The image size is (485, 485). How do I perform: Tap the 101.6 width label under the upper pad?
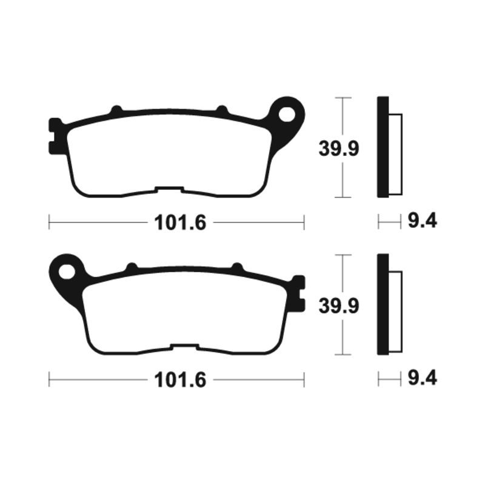pos(181,223)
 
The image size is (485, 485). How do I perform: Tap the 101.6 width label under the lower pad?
pos(181,380)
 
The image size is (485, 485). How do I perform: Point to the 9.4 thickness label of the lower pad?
pos(422,380)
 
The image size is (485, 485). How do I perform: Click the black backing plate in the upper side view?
pos(383,147)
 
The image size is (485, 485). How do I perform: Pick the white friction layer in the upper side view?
pos(395,155)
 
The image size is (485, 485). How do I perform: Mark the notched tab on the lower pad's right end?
pos(298,292)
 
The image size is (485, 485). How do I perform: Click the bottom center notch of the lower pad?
pos(184,347)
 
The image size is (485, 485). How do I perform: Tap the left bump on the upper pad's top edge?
pos(116,110)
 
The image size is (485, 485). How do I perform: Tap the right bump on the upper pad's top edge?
pos(222,110)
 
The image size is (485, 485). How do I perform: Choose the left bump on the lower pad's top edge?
pos(131,267)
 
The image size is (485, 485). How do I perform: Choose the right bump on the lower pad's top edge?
pos(237,267)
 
